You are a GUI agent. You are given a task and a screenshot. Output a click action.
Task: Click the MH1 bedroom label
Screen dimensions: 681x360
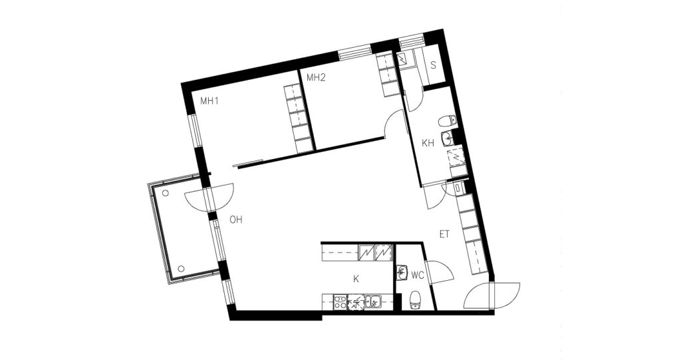209,101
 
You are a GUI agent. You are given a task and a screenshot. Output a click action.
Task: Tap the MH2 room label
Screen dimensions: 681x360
316,78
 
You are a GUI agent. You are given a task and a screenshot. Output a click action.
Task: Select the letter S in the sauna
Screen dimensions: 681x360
433,65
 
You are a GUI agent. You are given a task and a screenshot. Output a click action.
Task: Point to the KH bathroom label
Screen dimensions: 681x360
428,144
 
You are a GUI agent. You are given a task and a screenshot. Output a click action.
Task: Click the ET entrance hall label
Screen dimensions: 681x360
444,235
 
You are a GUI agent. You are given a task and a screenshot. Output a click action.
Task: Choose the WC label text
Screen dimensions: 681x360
418,275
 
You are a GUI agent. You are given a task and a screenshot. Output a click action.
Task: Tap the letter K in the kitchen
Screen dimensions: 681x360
356,279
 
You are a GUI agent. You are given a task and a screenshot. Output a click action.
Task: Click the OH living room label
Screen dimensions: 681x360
236,220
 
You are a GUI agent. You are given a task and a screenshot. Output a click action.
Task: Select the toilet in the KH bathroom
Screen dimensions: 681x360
447,120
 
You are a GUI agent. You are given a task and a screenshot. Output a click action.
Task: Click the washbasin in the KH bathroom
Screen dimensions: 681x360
448,138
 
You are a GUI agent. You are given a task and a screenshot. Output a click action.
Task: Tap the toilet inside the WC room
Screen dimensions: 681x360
416,300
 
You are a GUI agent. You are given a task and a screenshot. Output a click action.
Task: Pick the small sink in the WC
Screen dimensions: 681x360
401,273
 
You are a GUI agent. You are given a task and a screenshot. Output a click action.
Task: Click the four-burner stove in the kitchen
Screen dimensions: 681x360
340,301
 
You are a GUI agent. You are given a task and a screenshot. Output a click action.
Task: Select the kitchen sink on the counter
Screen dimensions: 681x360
372,301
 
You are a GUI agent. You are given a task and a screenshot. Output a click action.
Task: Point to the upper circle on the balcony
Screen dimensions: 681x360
166,193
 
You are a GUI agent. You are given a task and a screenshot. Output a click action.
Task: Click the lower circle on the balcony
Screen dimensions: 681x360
181,269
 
